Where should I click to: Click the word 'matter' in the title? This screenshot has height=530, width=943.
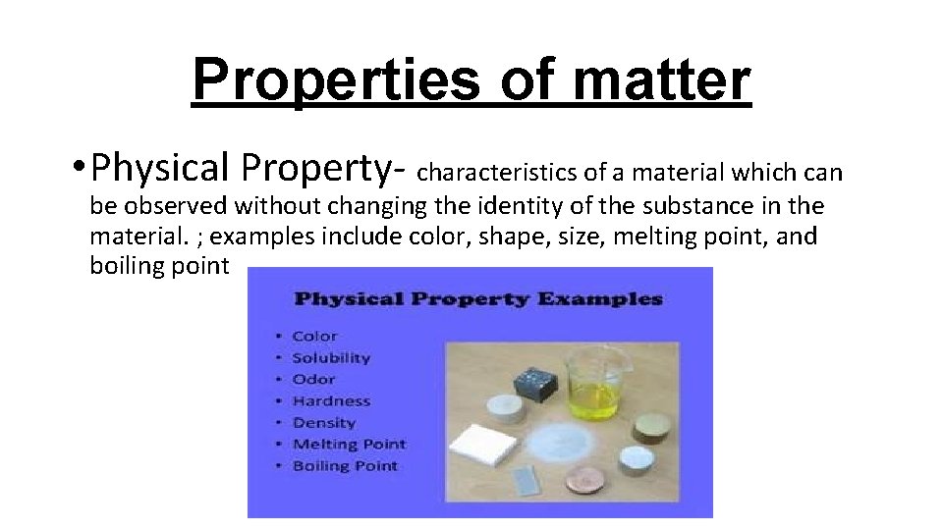tap(661, 79)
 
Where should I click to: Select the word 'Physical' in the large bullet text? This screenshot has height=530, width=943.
tap(158, 168)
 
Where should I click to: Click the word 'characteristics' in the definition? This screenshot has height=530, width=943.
tap(497, 174)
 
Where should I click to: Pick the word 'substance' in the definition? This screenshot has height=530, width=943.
tap(696, 206)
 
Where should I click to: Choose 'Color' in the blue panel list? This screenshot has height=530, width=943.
tap(314, 337)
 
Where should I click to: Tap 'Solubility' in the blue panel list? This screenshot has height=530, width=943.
tap(331, 358)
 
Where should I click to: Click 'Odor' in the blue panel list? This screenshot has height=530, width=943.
tap(313, 379)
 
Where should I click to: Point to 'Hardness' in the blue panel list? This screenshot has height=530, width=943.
tap(331, 400)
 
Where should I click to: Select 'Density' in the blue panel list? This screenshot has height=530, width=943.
tap(324, 422)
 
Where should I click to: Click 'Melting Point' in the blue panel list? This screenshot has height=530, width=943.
tap(349, 444)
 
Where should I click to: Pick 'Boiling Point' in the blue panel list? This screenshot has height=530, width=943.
tap(345, 465)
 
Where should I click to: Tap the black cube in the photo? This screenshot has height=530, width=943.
tap(538, 382)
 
